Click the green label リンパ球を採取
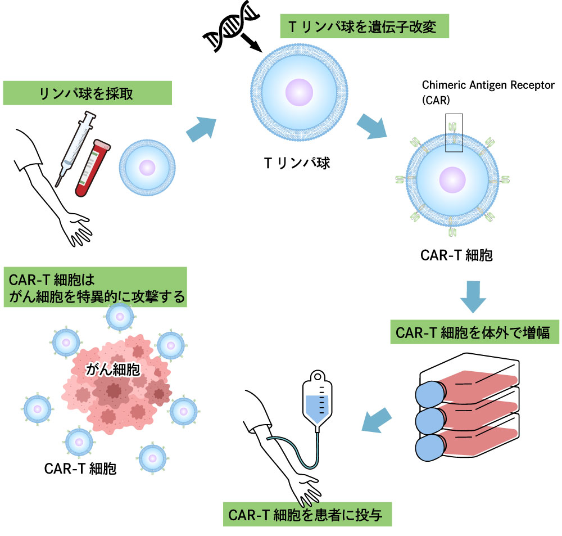click(87, 93)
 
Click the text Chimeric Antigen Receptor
click(488, 85)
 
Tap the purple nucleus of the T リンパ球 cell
click(299, 91)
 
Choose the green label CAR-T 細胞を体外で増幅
click(474, 332)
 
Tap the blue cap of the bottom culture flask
click(430, 447)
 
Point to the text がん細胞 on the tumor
click(113, 370)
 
